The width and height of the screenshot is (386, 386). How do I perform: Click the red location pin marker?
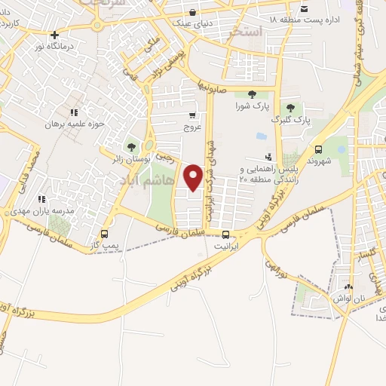click(x=194, y=177)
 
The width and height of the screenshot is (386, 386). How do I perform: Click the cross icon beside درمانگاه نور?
click(x=54, y=35)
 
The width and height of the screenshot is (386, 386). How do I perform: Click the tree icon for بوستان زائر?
click(x=133, y=147)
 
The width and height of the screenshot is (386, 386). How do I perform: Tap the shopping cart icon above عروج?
click(x=192, y=115)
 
